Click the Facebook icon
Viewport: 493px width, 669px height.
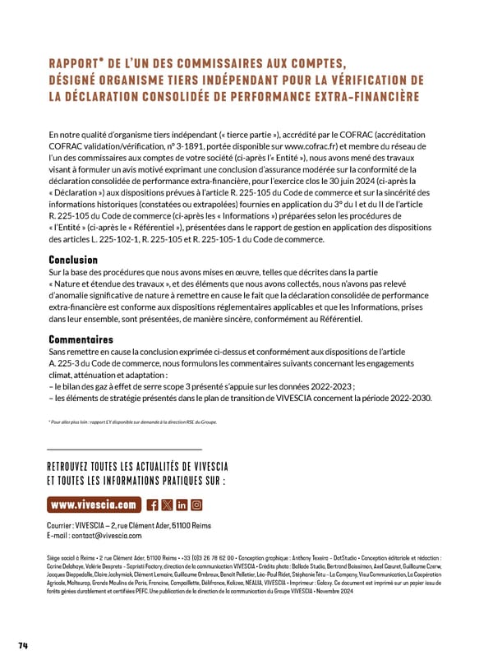coord(153,505)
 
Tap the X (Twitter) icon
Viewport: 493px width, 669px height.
coord(168,505)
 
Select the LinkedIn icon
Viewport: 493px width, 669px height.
coord(182,505)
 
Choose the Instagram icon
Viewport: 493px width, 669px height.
coord(196,505)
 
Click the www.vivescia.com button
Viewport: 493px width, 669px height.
coord(94,505)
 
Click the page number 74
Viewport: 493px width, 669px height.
coord(23,645)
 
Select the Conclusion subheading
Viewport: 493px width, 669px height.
coord(73,260)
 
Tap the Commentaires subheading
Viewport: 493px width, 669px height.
coord(81,339)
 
